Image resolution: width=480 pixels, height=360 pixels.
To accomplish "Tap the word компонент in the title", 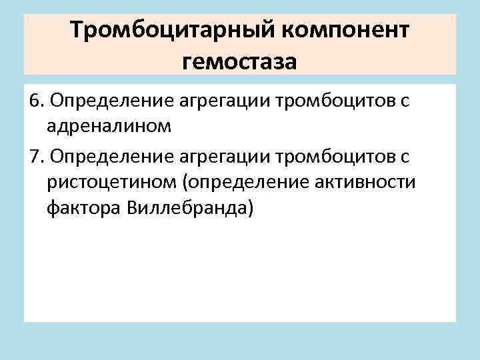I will point(349,31).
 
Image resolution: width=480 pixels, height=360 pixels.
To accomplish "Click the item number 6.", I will point(36,101).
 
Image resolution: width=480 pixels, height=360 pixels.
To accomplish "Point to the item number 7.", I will point(36,157).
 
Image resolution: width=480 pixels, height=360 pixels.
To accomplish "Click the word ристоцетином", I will point(114,183).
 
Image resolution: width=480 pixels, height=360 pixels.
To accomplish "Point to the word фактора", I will point(81,209).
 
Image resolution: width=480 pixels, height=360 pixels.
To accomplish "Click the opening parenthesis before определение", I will point(188,183).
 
